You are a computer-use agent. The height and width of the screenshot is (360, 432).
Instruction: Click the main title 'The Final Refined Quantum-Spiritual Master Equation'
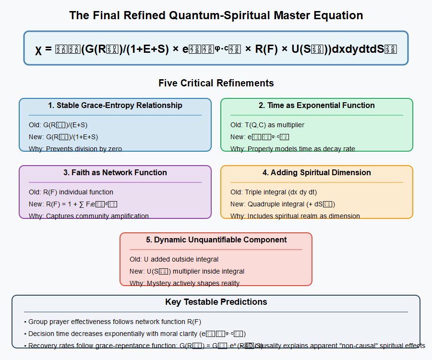tap(216, 15)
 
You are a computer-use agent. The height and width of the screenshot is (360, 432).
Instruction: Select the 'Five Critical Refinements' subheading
tap(216, 83)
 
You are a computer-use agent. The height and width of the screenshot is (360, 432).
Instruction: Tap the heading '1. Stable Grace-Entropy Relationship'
tap(115, 106)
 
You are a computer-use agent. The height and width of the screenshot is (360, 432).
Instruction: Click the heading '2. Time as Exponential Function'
tap(317, 106)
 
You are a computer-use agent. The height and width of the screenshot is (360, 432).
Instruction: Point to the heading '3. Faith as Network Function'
tap(115, 173)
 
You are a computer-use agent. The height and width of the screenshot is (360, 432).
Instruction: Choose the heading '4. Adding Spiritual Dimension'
tap(317, 173)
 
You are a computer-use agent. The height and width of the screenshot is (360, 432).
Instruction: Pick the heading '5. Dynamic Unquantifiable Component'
tap(216, 240)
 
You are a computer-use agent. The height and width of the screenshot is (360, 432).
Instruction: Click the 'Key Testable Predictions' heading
tap(216, 302)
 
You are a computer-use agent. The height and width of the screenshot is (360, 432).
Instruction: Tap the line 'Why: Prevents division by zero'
tap(75, 149)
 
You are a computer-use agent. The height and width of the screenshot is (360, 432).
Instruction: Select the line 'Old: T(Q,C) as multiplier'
tap(267, 125)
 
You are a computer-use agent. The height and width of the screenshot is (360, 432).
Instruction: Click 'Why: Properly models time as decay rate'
tap(293, 149)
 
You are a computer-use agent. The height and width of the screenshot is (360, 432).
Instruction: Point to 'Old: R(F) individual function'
tap(71, 192)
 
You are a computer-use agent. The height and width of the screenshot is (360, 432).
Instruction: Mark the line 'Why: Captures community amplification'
tap(89, 216)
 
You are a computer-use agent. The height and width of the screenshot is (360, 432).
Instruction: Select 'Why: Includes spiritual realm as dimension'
tap(295, 216)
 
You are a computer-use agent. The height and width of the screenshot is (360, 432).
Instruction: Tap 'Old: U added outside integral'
tap(174, 260)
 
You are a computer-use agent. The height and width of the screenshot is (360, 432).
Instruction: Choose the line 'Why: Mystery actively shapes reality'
tap(184, 283)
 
